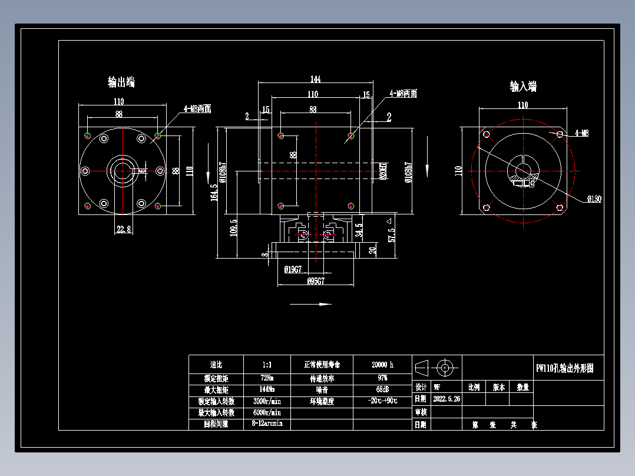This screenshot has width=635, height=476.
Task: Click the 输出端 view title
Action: coord(121,82)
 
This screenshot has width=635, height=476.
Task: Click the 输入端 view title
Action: coord(523,87)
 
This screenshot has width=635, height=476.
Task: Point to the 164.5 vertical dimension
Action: coord(214,192)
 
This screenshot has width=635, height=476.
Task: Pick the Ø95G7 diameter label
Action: coord(316,281)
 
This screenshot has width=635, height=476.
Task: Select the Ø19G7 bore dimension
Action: coord(293,269)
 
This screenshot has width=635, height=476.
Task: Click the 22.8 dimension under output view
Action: coord(124,229)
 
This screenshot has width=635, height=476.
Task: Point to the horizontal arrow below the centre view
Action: coord(310,305)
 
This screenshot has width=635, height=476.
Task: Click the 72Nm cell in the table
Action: coord(267,377)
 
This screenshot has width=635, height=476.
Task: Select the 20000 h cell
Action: coord(382,364)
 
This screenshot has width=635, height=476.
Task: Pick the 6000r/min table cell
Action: coord(267,412)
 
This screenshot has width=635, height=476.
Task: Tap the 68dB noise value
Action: coord(382,389)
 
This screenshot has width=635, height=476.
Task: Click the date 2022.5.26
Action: coord(447,399)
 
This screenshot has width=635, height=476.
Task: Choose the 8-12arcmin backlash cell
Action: coord(267,424)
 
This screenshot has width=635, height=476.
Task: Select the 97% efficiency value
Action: coord(382,378)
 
